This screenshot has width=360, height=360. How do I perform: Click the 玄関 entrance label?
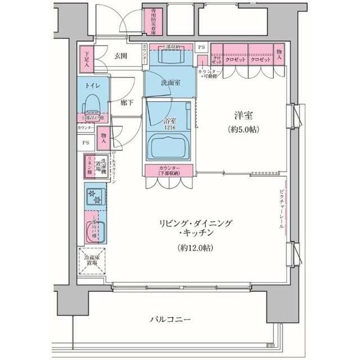[x=120, y=56]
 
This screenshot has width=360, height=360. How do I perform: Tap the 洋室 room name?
[x=244, y=116]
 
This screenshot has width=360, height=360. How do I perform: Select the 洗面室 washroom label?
[x=171, y=83]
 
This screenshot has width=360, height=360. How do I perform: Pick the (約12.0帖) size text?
[x=188, y=247]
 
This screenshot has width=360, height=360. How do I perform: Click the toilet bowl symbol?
[x=91, y=104]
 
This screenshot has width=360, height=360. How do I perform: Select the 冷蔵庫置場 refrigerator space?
[x=91, y=262]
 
